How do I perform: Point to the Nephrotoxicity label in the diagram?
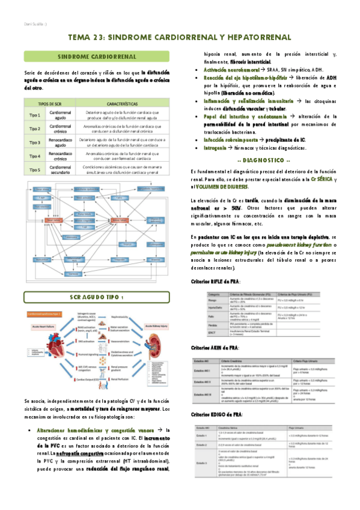pos(121,315)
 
